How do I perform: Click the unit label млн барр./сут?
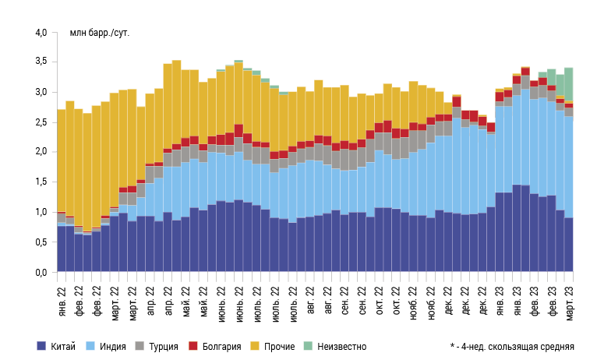coord(95,33)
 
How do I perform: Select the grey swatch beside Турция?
coord(142,346)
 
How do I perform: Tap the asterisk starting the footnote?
coord(452,345)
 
